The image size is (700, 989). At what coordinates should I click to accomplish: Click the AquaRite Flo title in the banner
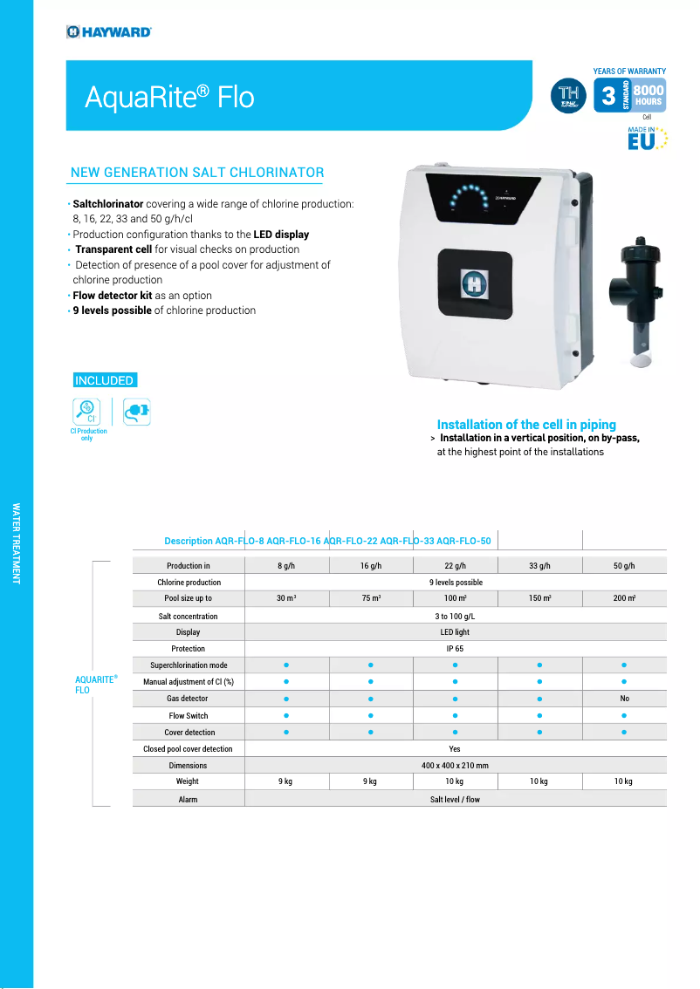[x=169, y=97]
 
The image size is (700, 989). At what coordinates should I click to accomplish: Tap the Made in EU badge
[x=647, y=139]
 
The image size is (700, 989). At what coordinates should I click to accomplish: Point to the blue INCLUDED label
[x=104, y=380]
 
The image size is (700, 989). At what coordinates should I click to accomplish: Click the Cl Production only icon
[x=88, y=412]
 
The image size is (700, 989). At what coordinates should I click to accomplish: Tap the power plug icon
[x=136, y=411]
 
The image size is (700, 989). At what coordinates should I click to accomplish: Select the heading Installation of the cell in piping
[x=526, y=425]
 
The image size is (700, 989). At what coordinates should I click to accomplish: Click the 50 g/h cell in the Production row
[x=623, y=566]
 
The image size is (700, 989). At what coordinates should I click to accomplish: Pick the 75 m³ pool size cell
[x=370, y=599]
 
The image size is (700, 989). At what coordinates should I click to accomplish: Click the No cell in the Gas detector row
[x=624, y=699]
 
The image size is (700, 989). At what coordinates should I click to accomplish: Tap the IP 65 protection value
[x=455, y=649]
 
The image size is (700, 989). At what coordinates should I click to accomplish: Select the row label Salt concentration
[x=188, y=616]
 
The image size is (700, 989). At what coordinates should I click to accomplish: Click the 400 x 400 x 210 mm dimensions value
[x=455, y=765]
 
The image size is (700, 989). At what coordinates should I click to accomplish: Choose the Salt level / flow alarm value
[x=455, y=799]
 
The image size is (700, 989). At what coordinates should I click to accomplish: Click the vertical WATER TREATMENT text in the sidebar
[x=16, y=542]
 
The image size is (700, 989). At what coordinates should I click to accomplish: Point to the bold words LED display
[x=281, y=235]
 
